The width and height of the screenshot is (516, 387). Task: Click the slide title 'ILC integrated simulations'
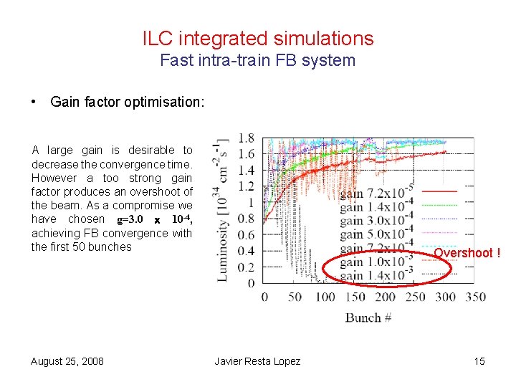(x=258, y=38)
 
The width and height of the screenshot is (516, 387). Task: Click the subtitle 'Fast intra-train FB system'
(x=258, y=60)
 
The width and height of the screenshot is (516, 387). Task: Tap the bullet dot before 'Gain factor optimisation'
(x=34, y=102)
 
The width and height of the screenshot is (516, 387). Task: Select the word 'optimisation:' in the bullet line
(x=173, y=102)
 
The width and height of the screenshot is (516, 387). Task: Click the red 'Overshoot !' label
(x=467, y=253)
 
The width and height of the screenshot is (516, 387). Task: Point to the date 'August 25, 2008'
(x=67, y=361)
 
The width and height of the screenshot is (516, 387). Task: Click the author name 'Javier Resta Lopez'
(x=258, y=361)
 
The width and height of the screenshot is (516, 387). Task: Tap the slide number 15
(x=479, y=361)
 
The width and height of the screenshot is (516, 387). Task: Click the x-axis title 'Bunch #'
(x=368, y=317)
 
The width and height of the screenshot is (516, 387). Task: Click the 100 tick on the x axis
(x=325, y=297)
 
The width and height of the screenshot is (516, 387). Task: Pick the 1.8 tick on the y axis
(x=246, y=138)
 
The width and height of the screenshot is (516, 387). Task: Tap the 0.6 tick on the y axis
(x=246, y=234)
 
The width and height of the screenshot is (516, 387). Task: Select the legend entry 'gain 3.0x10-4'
(x=376, y=221)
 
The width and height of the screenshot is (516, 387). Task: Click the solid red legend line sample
(x=439, y=191)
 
